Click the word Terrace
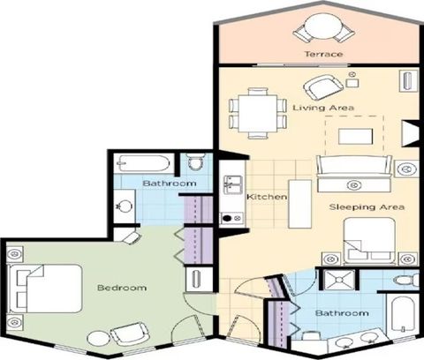click(323, 54)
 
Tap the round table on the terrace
click(323, 27)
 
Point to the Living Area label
click(323, 108)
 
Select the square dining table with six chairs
click(258, 113)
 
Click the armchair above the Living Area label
click(323, 87)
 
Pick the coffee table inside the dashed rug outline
click(355, 137)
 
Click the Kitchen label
click(267, 197)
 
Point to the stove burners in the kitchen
click(232, 218)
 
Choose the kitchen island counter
click(299, 204)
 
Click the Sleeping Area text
click(367, 207)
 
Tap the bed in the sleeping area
click(369, 241)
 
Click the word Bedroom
click(122, 288)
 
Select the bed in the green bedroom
click(45, 289)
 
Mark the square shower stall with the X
click(339, 279)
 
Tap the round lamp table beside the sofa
click(406, 169)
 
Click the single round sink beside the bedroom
click(125, 206)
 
